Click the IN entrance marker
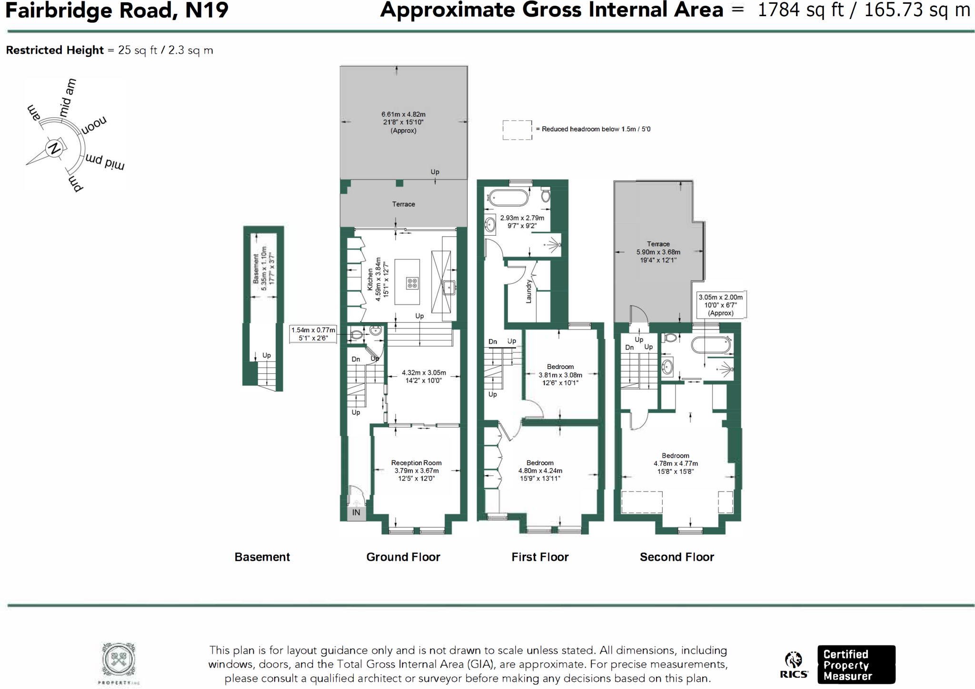(356, 513)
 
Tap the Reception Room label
(416, 463)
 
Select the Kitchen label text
(370, 280)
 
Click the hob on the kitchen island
(412, 284)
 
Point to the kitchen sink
(448, 287)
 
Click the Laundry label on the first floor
(528, 291)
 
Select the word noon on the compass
(94, 126)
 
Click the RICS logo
(794, 665)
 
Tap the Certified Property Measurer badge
(856, 665)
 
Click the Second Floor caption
(677, 557)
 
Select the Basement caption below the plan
(262, 557)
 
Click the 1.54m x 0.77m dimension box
(313, 334)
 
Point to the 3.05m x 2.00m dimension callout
(720, 305)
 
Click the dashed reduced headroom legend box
(517, 130)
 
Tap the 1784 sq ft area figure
(800, 10)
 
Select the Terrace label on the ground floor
(403, 204)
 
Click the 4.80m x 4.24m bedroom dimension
(540, 471)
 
